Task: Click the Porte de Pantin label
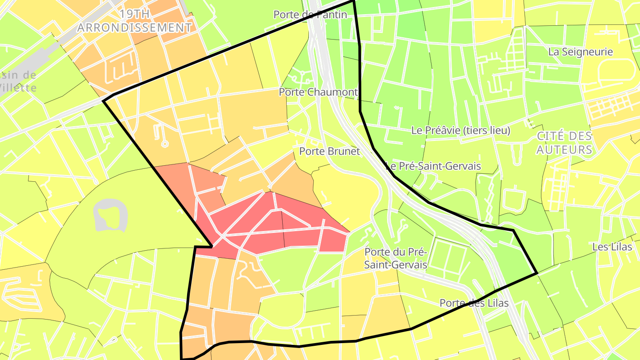click(x=310, y=15)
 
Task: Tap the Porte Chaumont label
click(x=318, y=92)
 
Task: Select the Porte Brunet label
click(x=329, y=151)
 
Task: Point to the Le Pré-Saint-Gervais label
click(x=433, y=166)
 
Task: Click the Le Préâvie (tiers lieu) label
click(x=460, y=131)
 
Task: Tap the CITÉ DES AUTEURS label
click(x=564, y=143)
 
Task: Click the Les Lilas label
click(x=612, y=247)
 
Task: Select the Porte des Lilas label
click(x=474, y=303)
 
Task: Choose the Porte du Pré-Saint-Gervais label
click(x=396, y=258)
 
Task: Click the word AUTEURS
click(x=564, y=150)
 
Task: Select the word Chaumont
click(x=330, y=92)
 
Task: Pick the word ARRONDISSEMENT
click(x=135, y=28)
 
